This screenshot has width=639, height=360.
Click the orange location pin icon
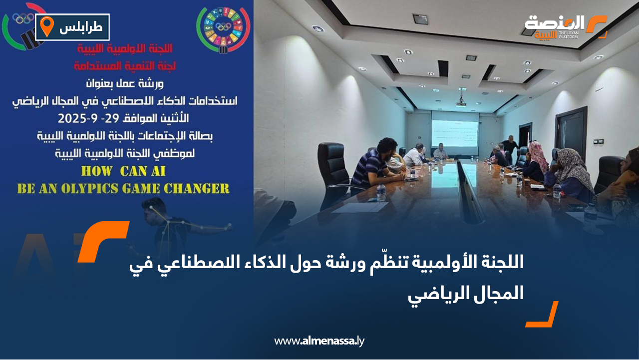(x=46, y=26)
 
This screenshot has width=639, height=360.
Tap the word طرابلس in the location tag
(x=80, y=27)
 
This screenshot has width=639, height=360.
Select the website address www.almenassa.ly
(x=319, y=341)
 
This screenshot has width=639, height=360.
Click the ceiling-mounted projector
(x=461, y=101)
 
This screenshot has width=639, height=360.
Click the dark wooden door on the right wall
(x=570, y=134)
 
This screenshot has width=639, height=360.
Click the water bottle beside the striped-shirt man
(x=381, y=192)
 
